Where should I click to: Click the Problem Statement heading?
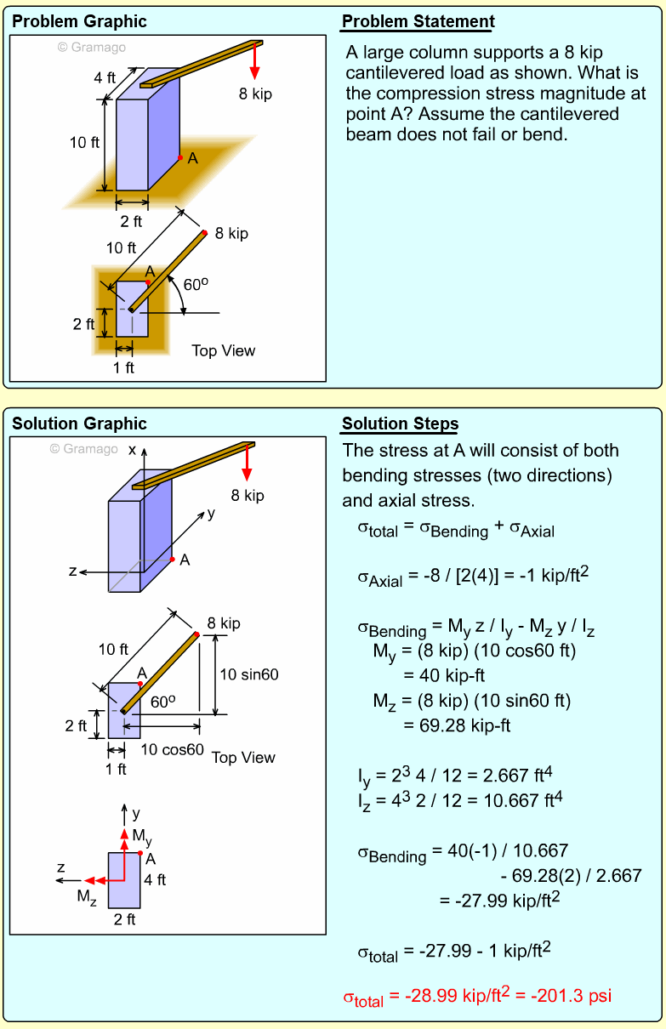[418, 22]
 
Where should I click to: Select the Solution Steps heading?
[400, 424]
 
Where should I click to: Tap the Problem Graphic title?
[79, 22]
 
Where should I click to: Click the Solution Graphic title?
[79, 424]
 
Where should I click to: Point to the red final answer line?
[476, 996]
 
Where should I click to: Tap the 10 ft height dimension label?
[84, 143]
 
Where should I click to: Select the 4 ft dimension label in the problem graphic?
[105, 77]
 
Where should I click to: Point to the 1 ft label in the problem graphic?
[124, 368]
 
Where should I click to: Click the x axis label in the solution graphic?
[132, 450]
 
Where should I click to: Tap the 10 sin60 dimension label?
[249, 674]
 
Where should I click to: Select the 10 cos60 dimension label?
[173, 750]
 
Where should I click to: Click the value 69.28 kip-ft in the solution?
[456, 725]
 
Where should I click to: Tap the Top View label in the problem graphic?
[223, 350]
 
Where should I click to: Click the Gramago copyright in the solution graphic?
[83, 449]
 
